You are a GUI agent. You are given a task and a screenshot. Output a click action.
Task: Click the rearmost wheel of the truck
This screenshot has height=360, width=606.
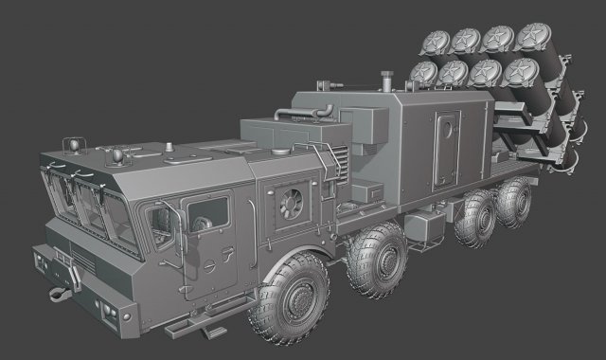point(515,200)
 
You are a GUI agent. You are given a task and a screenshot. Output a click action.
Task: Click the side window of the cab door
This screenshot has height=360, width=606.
point(207,214)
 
